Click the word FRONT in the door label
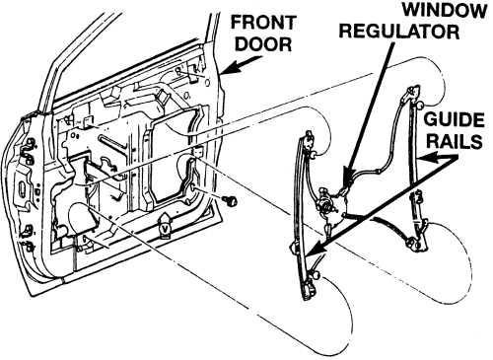263,23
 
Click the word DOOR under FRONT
263,43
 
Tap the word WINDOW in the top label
445,11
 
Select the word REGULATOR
399,32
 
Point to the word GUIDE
454,120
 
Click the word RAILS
455,142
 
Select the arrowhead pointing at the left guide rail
315,249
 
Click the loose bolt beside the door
230,200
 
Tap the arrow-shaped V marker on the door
165,225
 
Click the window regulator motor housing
330,207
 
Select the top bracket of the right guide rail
413,93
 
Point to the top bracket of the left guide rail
308,141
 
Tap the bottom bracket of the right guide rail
415,245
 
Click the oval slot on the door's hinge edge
21,189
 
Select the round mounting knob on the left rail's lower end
317,274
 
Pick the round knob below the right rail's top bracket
420,106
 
